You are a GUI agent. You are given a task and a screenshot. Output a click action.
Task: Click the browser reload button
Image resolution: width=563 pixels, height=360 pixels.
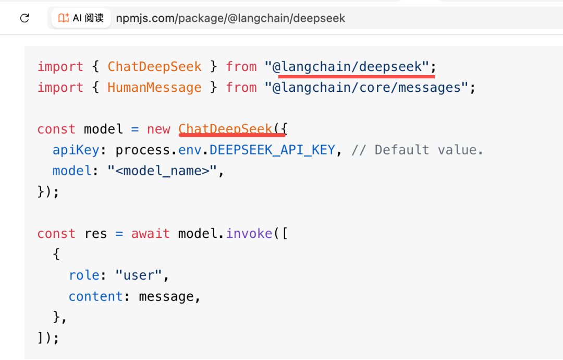coord(25,18)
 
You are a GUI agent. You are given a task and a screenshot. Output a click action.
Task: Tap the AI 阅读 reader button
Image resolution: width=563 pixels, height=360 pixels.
coord(81,18)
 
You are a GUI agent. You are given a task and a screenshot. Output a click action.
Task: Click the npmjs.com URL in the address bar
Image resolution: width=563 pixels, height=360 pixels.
coord(230,18)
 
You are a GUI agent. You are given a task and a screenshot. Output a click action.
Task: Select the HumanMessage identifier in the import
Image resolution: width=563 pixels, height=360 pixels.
coord(154,87)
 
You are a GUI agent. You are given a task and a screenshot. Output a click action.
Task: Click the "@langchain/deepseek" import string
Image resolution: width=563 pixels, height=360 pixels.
coord(347,66)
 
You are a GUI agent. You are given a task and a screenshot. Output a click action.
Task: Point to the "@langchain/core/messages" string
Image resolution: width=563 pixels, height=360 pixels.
coord(366,87)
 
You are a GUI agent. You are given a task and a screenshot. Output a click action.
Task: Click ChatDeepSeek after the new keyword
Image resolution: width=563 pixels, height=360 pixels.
coord(226,129)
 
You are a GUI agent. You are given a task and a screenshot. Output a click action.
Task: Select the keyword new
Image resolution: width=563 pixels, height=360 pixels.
coord(158,129)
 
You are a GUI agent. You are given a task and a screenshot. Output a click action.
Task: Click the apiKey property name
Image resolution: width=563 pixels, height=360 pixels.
coord(76,150)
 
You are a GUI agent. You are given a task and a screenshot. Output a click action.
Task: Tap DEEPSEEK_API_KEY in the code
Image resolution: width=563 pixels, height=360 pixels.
coord(272,150)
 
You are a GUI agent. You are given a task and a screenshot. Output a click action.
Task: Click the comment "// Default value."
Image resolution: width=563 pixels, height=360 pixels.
coord(417,150)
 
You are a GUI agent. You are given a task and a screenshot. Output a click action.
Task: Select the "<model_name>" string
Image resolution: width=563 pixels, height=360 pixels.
coord(162,171)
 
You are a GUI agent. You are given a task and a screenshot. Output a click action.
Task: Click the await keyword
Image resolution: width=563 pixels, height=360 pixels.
coord(151,234)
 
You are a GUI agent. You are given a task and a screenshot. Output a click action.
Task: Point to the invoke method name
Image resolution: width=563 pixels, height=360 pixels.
coord(249,234)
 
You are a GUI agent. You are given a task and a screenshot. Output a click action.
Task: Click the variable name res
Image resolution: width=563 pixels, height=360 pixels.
coord(96,234)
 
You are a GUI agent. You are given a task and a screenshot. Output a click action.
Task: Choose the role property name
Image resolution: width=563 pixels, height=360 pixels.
coord(83,275)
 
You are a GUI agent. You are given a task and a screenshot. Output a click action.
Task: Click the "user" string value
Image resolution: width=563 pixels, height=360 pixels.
coord(139,275)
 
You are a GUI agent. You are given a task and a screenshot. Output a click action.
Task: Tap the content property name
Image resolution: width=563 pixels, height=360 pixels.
coord(96,296)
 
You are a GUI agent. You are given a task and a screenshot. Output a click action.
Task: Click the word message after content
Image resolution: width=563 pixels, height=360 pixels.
coord(166,297)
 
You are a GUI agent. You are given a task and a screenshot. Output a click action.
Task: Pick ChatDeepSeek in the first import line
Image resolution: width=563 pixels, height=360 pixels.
coord(154,66)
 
